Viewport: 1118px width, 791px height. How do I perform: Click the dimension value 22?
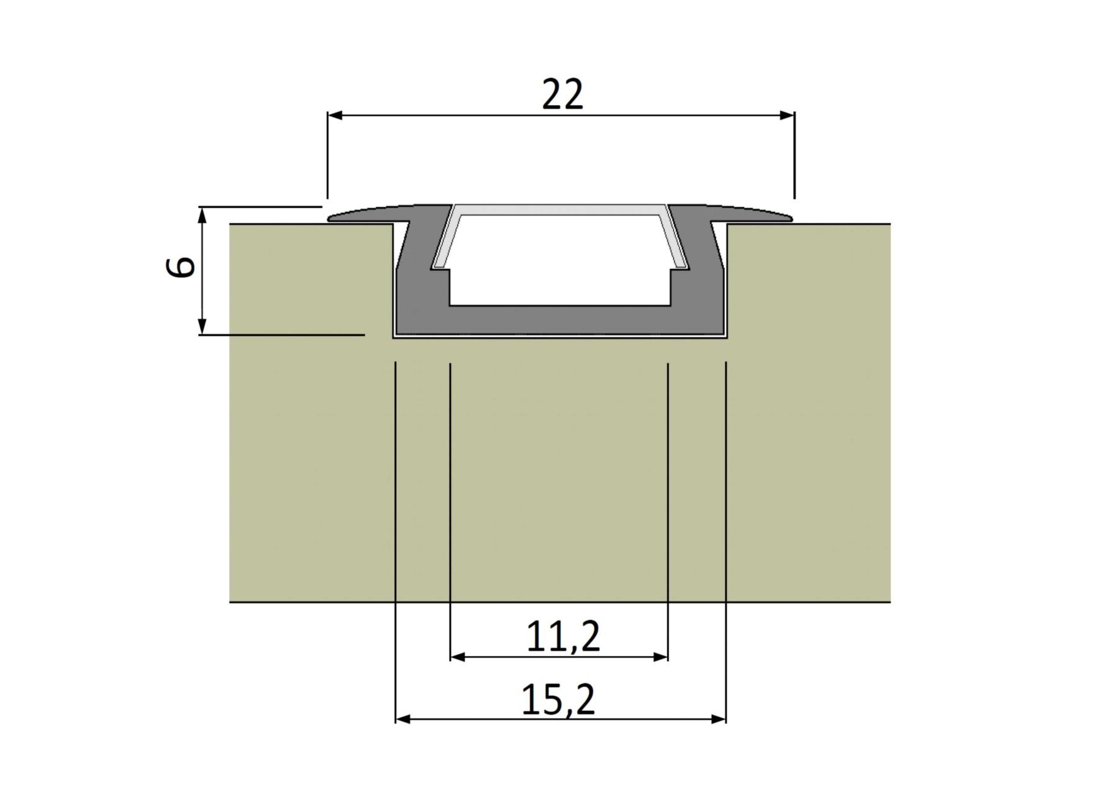click(563, 94)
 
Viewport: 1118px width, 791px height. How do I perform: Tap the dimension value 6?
click(181, 267)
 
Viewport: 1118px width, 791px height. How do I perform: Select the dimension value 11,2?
click(563, 636)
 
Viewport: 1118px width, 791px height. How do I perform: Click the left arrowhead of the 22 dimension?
click(335, 115)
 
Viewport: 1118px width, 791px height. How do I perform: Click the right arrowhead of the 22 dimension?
click(787, 115)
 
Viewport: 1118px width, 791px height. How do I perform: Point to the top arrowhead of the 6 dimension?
click(202, 215)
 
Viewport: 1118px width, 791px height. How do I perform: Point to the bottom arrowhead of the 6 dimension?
click(202, 326)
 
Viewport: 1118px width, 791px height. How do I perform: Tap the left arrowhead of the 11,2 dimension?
click(458, 657)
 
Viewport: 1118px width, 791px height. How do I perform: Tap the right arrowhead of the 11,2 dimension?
click(660, 657)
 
